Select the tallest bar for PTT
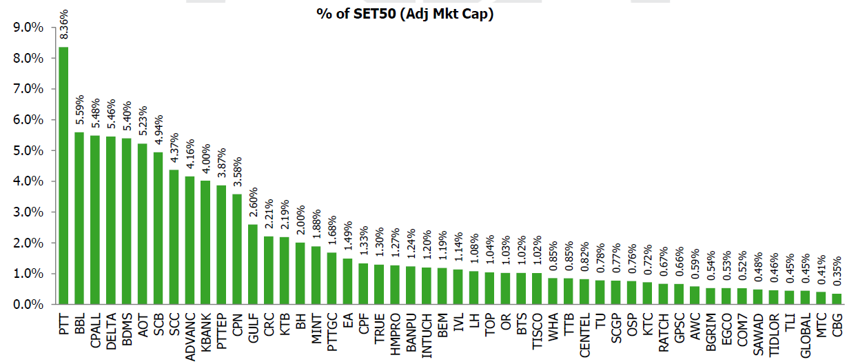point(63,175)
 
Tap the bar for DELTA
point(111,220)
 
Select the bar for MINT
point(316,275)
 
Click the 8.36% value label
point(63,28)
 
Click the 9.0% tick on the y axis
point(29,28)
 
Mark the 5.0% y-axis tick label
point(29,150)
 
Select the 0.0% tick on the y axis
point(29,304)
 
